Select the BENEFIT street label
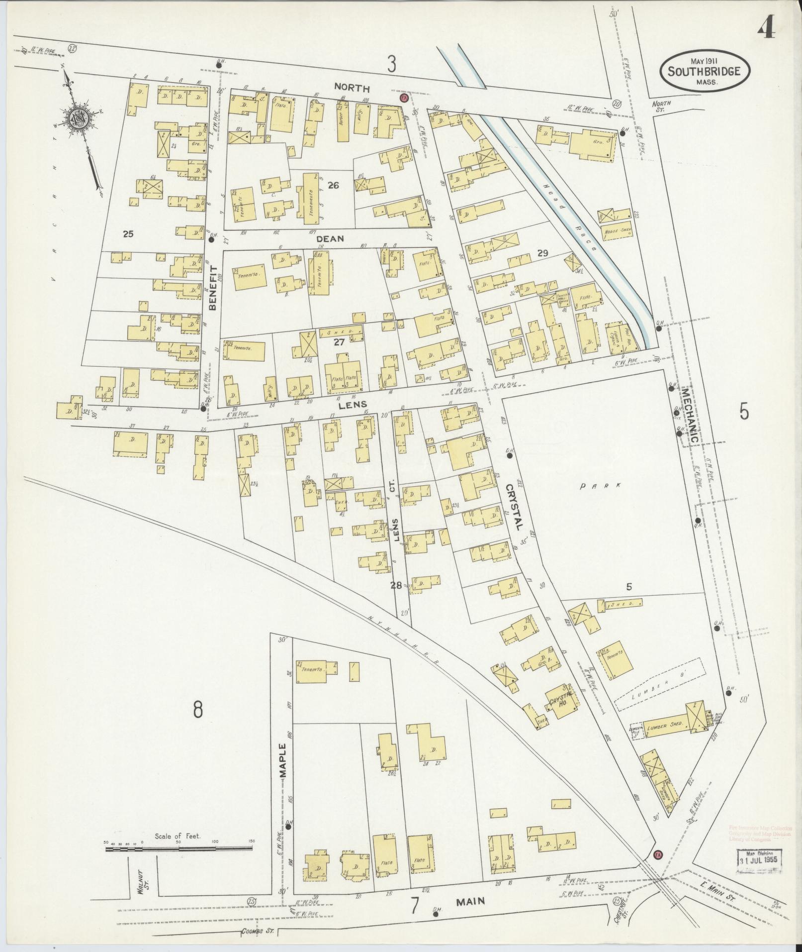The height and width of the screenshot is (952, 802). [213, 288]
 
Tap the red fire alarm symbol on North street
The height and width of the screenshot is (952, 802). [403, 98]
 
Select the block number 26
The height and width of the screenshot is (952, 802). [333, 185]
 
